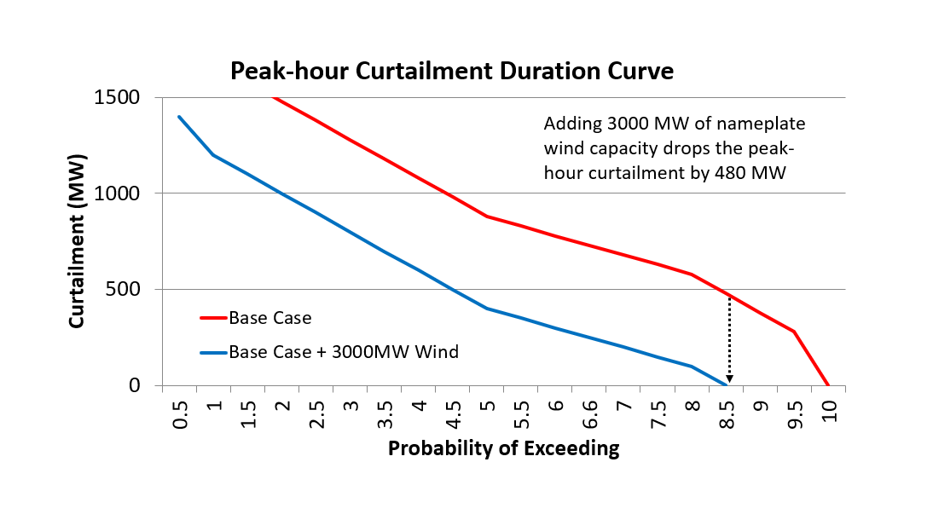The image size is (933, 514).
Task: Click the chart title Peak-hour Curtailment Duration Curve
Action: (x=452, y=72)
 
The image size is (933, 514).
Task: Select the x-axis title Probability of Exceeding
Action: (x=503, y=448)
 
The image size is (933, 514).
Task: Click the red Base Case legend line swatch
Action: (x=212, y=318)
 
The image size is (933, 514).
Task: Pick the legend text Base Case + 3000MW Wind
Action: (x=344, y=351)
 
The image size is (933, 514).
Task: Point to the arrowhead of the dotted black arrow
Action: (x=729, y=381)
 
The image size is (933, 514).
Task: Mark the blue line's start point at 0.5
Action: (x=179, y=117)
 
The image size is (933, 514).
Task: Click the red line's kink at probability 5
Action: (x=486, y=217)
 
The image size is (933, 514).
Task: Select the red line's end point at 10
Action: (x=828, y=385)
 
